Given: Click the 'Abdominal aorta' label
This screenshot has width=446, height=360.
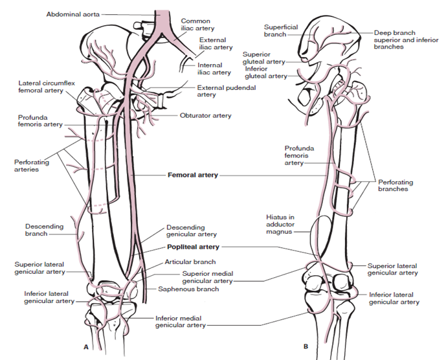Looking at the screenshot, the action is pos(72,14).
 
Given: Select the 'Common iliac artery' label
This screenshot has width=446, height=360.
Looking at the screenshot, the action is pos(197,25).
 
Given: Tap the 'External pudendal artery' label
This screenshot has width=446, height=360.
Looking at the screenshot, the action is pos(227,91).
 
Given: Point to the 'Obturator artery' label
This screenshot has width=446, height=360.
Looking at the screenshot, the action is pos(205,115).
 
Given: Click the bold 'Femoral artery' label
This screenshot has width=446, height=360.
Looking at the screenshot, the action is pos(193,175).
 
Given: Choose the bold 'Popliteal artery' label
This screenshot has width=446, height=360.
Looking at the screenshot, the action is pos(193,247).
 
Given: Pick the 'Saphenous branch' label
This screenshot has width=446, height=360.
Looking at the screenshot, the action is pos(188,289).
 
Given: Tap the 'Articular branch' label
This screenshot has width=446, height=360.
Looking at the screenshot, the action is pos(190,262).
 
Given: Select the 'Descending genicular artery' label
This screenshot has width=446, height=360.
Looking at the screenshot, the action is pos(192,231).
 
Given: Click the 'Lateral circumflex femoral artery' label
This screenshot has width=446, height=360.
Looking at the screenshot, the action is pos(47,87).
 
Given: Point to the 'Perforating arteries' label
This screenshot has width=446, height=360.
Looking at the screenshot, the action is pos(32,166).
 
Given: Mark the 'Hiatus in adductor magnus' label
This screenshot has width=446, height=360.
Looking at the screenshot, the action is pos(280,224).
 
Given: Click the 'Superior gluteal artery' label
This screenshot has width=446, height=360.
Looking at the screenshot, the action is pos(263,58).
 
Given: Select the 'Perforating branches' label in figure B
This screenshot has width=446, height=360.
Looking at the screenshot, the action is pos(396,185).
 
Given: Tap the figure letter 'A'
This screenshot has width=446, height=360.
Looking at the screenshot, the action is pos(86,347).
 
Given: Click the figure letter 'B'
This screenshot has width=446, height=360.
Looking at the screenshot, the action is pos(306,346).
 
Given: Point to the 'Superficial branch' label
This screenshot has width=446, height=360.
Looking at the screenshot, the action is pos(281,30).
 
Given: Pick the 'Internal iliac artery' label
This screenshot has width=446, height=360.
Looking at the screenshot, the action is pos(214,69).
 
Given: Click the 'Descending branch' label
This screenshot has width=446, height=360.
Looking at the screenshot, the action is pos(44,230).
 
